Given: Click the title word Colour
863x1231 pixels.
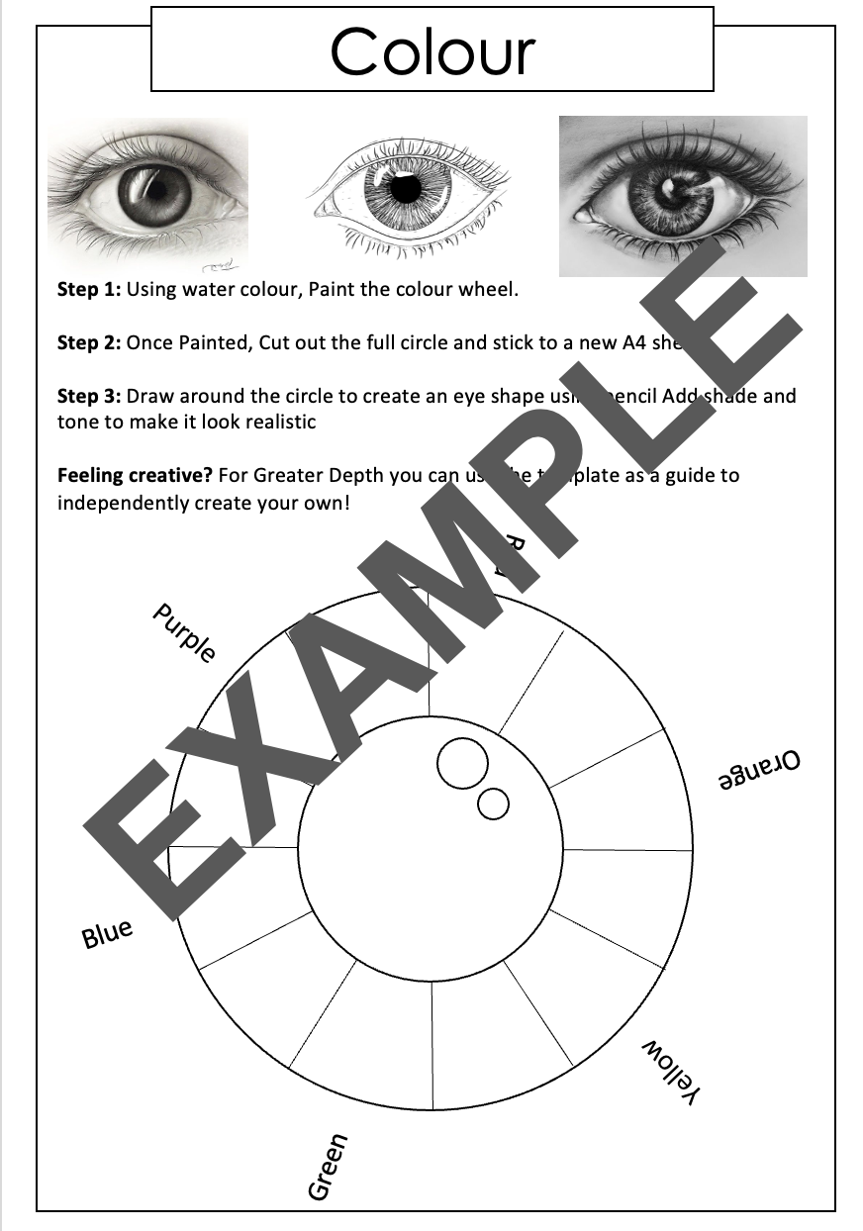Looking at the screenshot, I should point(432,51).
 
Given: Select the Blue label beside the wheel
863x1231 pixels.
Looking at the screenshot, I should point(107,933).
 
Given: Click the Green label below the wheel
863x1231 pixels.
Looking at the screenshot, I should point(328,1167).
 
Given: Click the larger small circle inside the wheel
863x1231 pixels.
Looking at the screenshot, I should point(462,764).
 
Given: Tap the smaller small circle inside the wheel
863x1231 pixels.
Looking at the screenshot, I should point(493,803).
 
